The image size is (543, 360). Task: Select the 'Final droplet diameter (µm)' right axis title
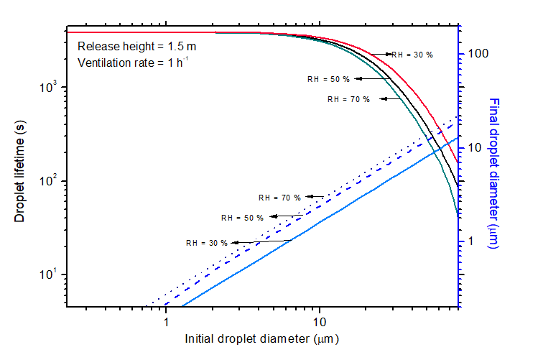(493, 173)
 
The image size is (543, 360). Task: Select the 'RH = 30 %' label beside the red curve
(412, 55)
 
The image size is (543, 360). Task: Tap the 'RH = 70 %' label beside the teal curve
(348, 99)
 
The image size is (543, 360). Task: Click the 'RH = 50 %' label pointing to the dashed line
(242, 217)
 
